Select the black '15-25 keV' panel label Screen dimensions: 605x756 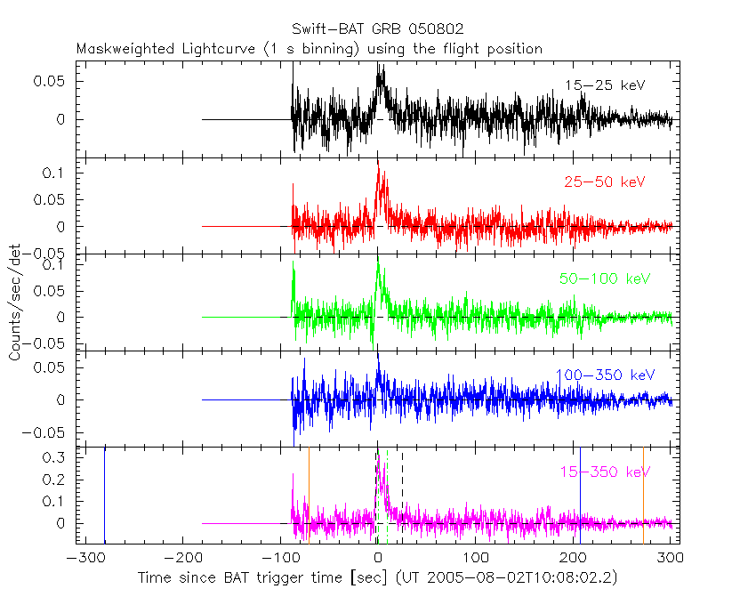point(604,85)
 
